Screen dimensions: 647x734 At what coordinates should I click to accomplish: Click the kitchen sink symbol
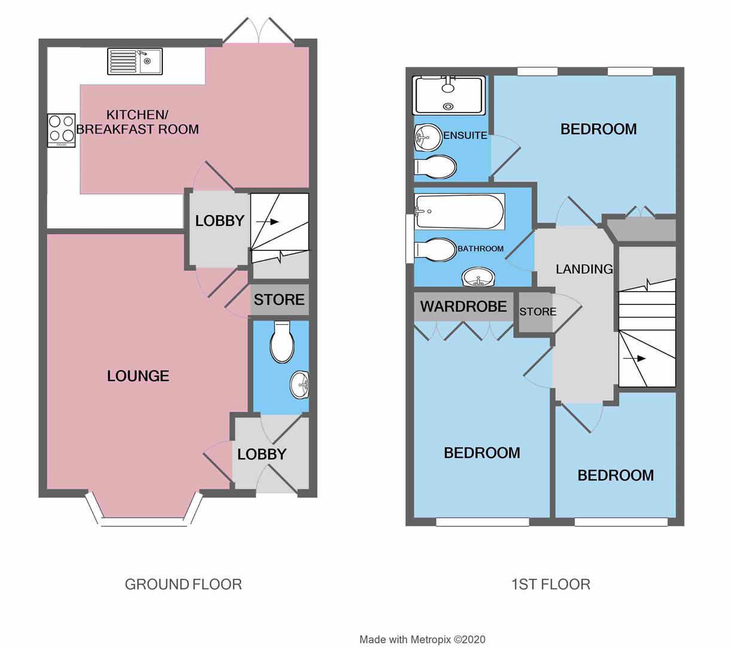[135, 62]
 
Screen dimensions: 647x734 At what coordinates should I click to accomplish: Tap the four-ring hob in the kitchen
[62, 130]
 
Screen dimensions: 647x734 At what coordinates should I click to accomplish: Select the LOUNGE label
[138, 376]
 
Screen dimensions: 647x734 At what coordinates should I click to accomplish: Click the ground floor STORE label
[279, 300]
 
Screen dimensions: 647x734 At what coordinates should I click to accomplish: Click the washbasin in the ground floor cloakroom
[299, 384]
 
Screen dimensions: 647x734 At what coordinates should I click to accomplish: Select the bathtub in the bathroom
[460, 211]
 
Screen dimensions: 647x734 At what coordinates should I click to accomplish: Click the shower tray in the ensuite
[448, 95]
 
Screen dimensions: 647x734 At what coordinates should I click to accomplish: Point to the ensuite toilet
[436, 167]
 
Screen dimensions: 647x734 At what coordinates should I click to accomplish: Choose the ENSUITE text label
[465, 135]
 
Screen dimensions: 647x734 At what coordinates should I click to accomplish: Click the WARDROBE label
[463, 307]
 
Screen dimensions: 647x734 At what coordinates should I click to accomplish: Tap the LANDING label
[584, 269]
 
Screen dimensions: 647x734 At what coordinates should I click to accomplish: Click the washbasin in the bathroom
[478, 278]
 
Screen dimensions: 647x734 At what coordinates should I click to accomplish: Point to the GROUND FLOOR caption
[183, 584]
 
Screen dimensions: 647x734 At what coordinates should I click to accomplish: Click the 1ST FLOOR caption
[551, 584]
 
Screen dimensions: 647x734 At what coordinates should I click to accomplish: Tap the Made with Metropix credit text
[422, 639]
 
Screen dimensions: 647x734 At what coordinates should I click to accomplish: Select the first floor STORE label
[538, 312]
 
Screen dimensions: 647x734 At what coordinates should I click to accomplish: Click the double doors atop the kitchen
[259, 31]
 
